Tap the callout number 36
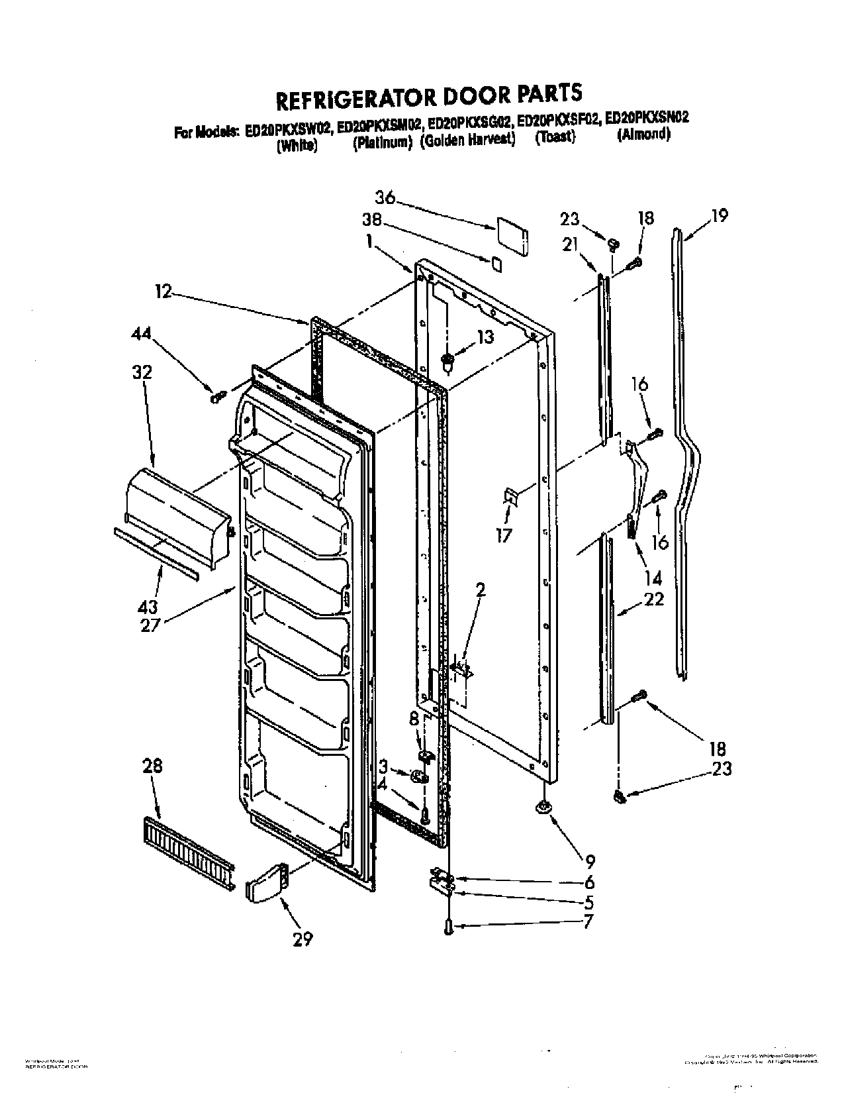[385, 197]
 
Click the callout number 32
[142, 372]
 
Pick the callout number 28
[152, 766]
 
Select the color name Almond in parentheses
[643, 135]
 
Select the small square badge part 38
[496, 266]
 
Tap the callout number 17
[504, 534]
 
